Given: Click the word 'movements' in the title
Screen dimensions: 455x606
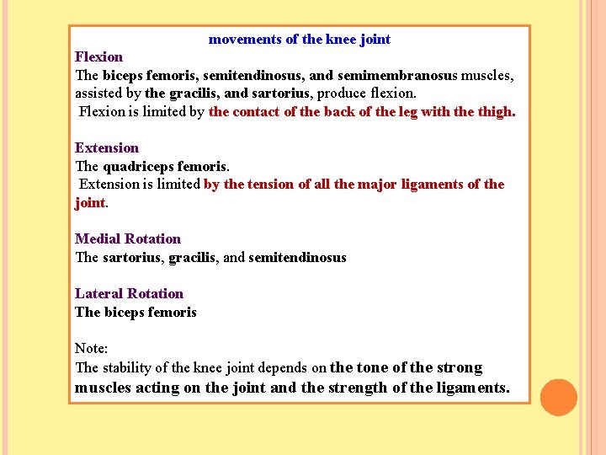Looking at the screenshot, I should click(243, 40).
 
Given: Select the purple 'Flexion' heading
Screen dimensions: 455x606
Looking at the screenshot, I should click(98, 57).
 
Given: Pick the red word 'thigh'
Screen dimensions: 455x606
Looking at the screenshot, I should click(495, 112).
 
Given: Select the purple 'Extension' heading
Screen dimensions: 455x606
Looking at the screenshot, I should click(107, 148).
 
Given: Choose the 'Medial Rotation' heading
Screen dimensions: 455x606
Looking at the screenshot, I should click(128, 239).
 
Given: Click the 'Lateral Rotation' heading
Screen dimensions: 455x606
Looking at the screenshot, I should click(129, 294).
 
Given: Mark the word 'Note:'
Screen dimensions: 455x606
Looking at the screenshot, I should click(91, 349).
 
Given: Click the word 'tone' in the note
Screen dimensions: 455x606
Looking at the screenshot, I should click(373, 368).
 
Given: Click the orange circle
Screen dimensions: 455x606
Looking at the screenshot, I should click(559, 398).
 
